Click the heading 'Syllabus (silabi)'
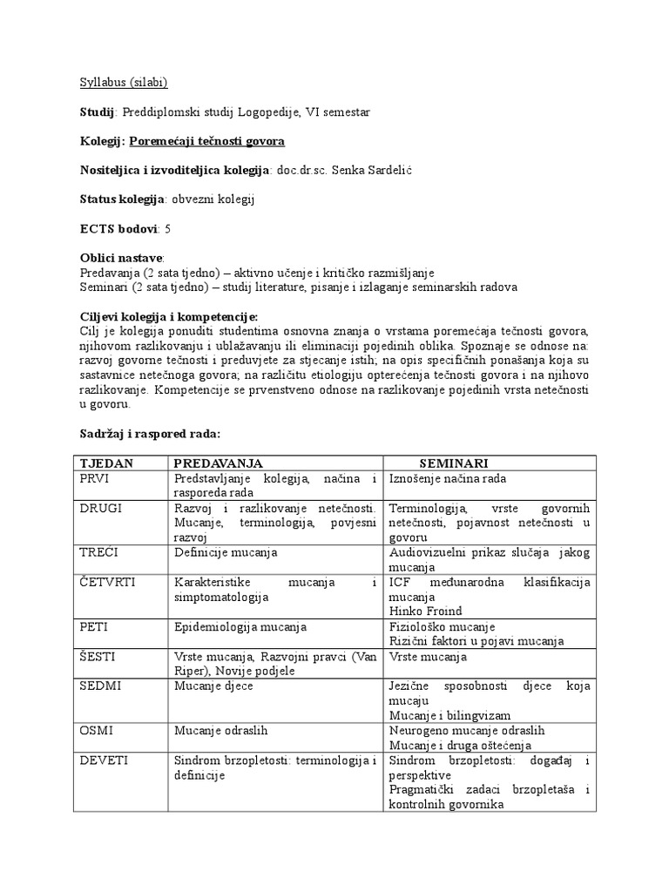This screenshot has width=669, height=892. click(123, 83)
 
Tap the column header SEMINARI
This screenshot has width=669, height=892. click(454, 463)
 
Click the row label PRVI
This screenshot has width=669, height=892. click(95, 478)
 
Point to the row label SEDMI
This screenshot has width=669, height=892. click(100, 686)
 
